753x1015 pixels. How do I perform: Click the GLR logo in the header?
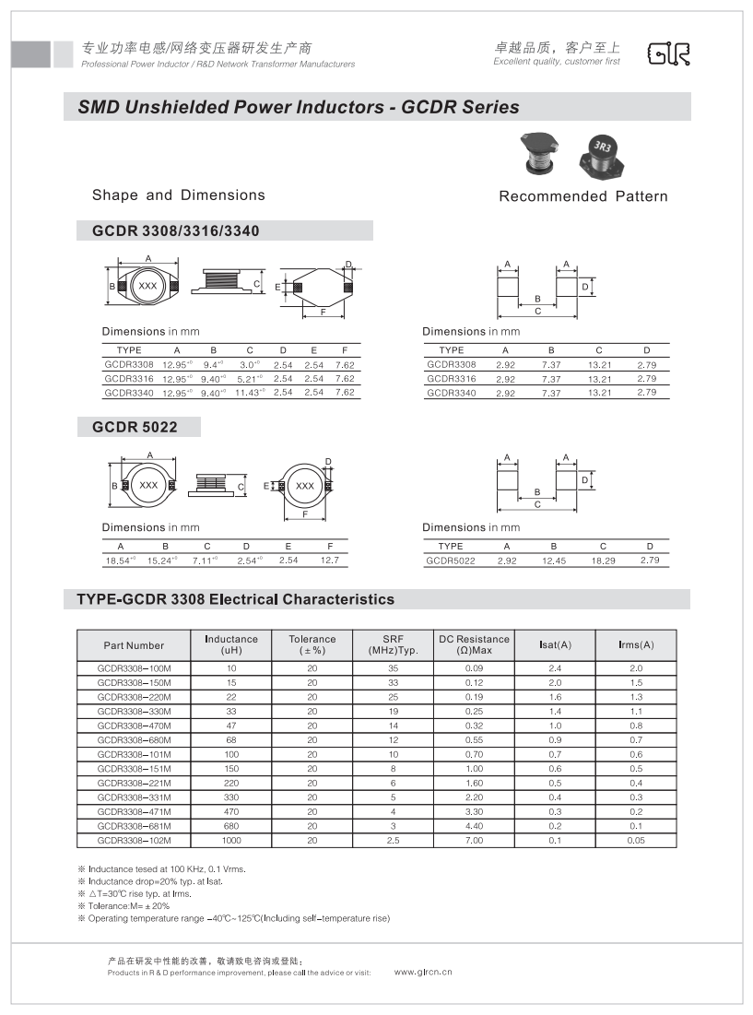668,54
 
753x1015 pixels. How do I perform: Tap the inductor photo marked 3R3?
603,154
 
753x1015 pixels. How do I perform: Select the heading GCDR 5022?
135,427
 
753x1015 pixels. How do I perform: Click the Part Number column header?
134,645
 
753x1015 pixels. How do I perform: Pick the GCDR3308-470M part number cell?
134,726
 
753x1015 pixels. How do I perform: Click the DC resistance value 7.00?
474,841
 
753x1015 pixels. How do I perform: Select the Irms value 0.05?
636,841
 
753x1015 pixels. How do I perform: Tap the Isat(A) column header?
555,645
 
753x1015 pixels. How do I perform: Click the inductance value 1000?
231,841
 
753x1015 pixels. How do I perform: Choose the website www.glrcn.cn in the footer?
423,972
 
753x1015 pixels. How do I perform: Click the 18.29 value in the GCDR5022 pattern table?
603,561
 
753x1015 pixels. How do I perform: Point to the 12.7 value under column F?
329,561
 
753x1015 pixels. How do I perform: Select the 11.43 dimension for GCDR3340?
247,393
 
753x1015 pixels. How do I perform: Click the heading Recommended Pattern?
582,196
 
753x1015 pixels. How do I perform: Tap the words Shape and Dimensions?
178,195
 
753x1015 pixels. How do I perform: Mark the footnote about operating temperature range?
233,918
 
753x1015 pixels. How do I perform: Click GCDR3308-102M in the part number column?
134,841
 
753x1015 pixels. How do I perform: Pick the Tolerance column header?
312,645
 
